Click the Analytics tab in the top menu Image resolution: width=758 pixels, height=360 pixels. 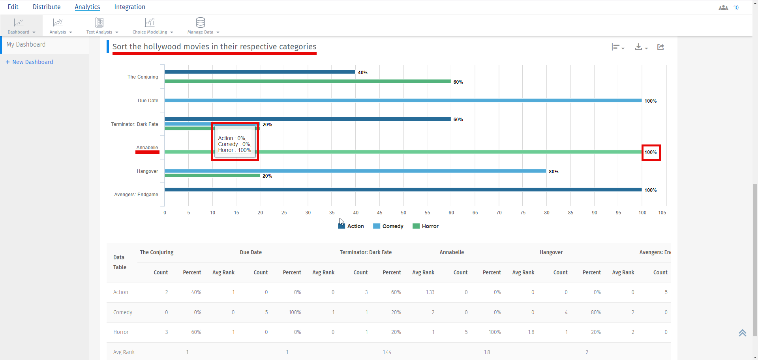pos(87,7)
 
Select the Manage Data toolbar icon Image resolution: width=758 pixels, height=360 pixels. pos(201,22)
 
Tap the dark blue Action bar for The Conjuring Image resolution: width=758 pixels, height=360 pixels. pos(260,72)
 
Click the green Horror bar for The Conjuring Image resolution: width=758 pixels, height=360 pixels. pos(308,81)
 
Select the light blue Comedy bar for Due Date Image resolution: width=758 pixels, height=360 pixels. pos(403,100)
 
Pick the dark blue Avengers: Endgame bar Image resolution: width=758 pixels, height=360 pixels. pos(403,189)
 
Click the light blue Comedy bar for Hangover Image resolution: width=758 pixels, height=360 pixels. pos(355,171)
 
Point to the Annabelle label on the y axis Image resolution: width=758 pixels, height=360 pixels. pos(147,148)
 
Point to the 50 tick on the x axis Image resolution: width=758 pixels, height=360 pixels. pos(403,212)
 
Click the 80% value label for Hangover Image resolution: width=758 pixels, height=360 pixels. pos(553,172)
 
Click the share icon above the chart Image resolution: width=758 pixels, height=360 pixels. pos(660,47)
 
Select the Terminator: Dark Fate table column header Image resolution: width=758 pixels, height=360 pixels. pos(366,252)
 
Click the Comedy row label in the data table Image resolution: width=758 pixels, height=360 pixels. pos(123,312)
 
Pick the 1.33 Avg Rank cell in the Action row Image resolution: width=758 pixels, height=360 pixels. pos(430,292)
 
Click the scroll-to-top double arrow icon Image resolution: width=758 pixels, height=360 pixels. pos(742,333)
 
